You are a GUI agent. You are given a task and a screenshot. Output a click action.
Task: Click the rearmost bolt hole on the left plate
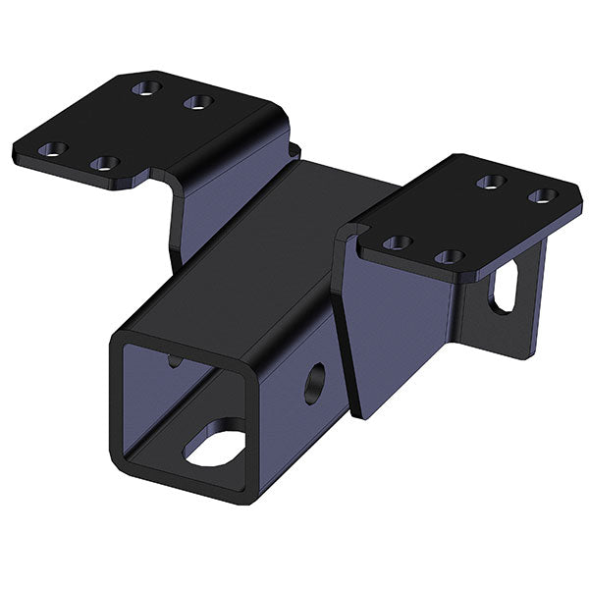tap(144, 88)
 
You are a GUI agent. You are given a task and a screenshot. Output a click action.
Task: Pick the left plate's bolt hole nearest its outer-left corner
tap(53, 149)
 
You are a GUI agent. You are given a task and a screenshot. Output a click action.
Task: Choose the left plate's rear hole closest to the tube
tap(198, 102)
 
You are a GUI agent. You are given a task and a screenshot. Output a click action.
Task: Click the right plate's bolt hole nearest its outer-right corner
tap(541, 196)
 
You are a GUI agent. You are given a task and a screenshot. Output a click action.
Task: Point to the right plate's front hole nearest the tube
tap(397, 241)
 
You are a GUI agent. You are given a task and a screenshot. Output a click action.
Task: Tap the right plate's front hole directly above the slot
tap(449, 256)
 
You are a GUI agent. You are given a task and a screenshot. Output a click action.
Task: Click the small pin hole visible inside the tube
tap(174, 360)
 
